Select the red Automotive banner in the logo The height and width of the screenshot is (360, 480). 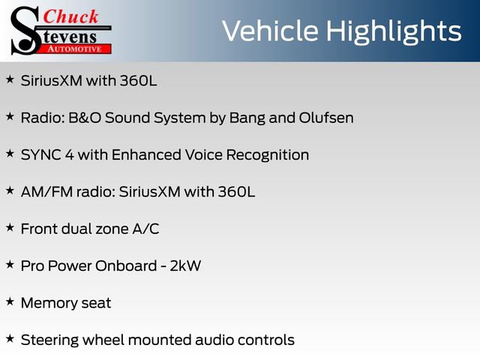click(x=75, y=48)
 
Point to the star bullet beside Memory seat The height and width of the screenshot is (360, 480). click(x=10, y=301)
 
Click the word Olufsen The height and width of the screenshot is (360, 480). click(x=324, y=118)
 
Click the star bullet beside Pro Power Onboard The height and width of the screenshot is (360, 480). click(x=10, y=264)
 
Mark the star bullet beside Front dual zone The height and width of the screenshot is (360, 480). click(x=10, y=226)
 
